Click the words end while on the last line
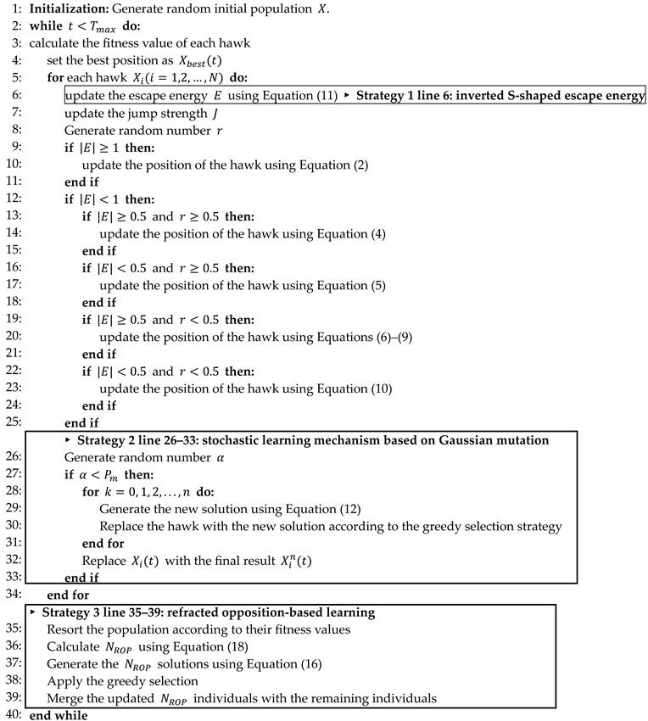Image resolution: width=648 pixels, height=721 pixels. [57, 714]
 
